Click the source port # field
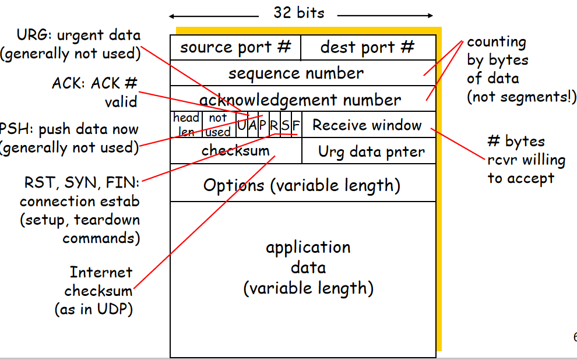[x=235, y=47]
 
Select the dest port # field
[x=368, y=47]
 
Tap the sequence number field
[x=296, y=73]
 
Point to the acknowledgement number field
[x=300, y=100]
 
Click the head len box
[x=186, y=125]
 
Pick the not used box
[x=219, y=125]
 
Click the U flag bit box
[x=241, y=125]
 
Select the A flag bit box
[x=252, y=125]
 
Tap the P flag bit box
[x=263, y=125]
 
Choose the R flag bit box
[x=274, y=125]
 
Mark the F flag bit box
[x=296, y=125]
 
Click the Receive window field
[x=367, y=125]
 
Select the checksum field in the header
[x=235, y=151]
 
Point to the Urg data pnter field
[x=371, y=153]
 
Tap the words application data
[x=308, y=257]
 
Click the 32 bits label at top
[x=299, y=12]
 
